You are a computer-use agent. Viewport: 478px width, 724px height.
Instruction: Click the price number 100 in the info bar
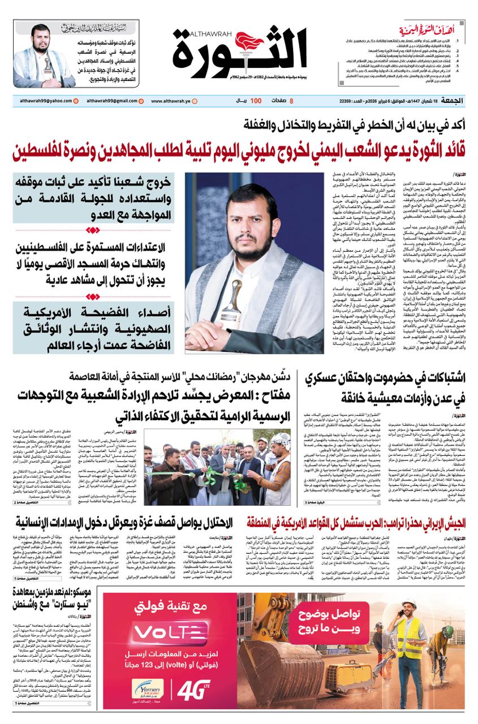click(256, 101)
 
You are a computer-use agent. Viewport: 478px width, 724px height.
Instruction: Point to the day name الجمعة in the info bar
click(451, 101)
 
